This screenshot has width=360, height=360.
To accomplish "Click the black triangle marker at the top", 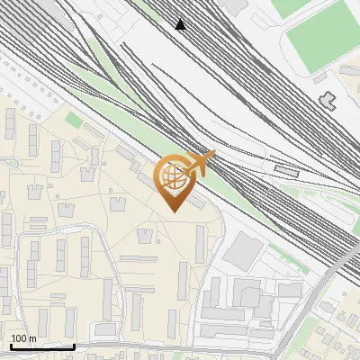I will point(181,24).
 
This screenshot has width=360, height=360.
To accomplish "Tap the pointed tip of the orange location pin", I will point(173,211).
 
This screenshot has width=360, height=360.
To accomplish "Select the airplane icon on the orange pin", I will point(202,163).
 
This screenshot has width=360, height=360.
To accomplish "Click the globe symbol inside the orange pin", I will point(173,177).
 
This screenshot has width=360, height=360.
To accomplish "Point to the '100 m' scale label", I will point(23,338).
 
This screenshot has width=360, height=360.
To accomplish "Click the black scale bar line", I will point(42,346).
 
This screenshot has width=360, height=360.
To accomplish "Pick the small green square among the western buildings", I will point(73,120).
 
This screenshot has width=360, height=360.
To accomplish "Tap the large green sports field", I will point(319,37).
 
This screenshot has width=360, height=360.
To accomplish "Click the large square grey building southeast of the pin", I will point(241,251).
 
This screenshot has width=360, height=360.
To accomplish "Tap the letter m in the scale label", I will point(32,338).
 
